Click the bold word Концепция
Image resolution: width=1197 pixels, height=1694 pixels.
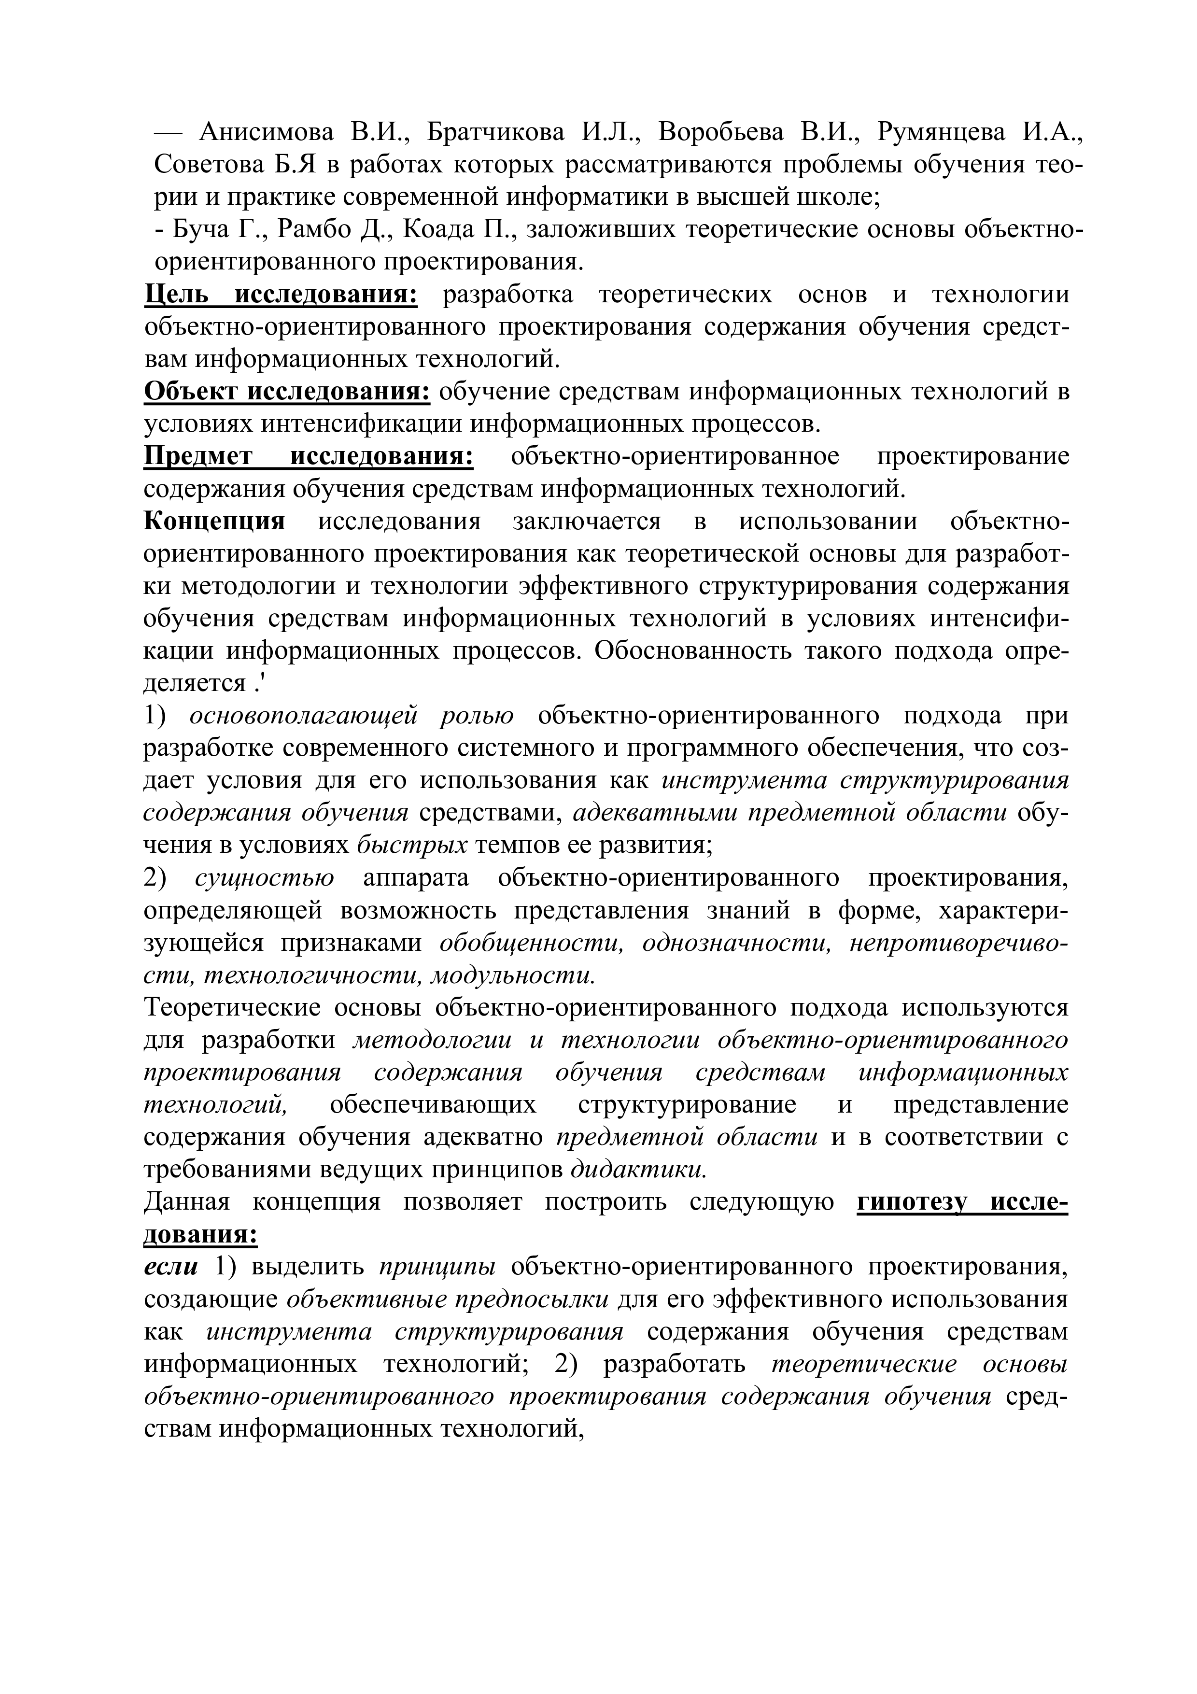(214, 522)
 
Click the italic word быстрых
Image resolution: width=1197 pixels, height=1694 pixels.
(411, 846)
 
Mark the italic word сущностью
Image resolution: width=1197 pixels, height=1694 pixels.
(264, 878)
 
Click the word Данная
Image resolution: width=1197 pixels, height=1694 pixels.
(186, 1202)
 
